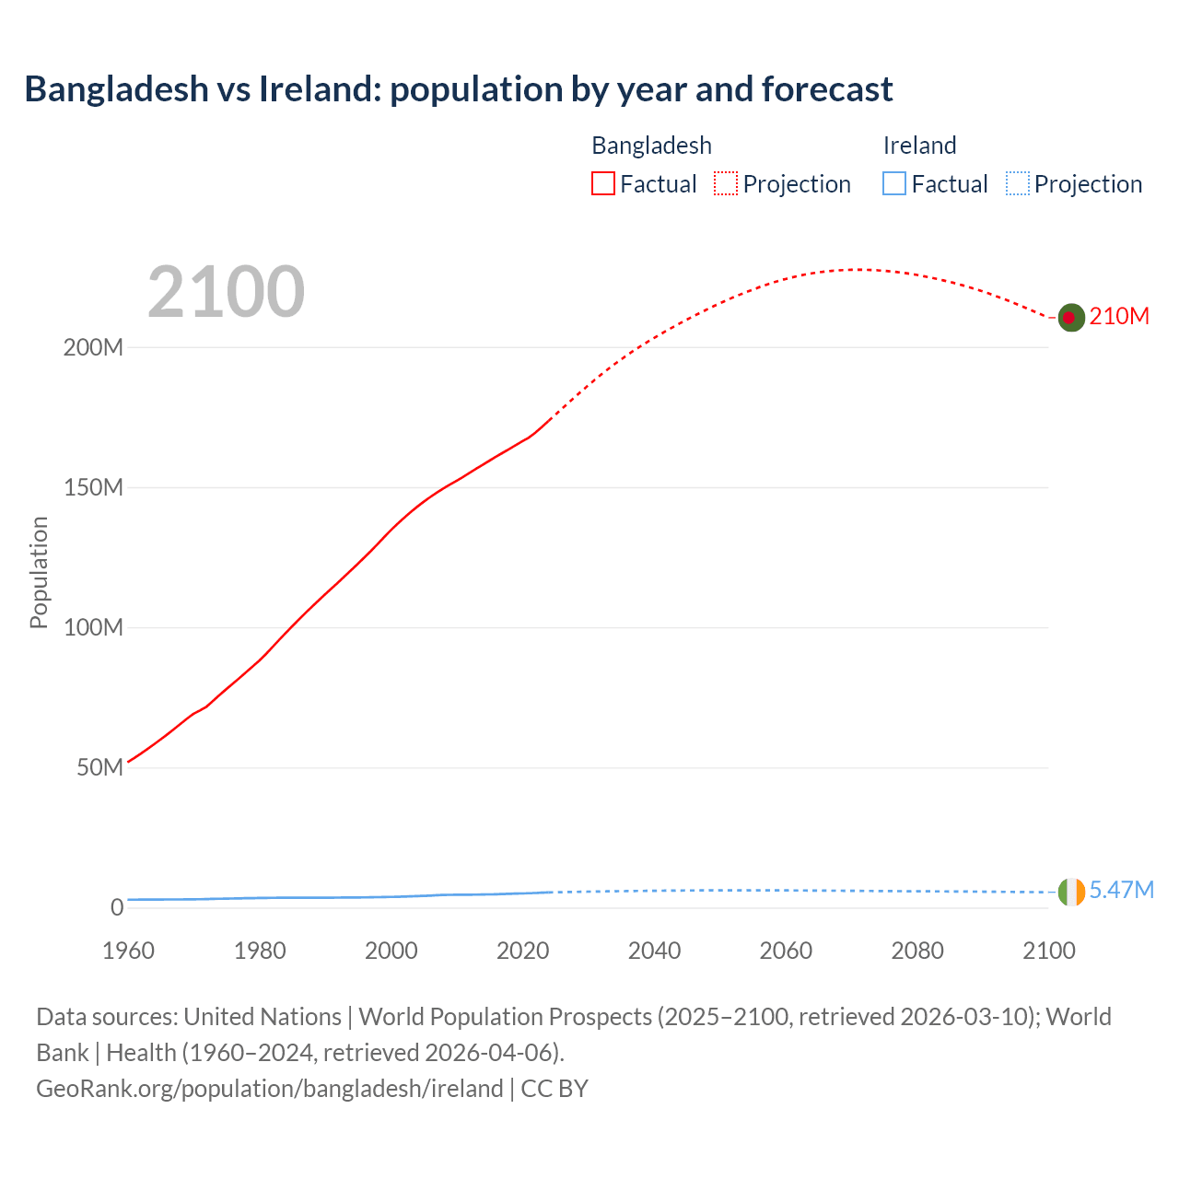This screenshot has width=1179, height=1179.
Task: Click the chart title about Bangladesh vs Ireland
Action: pos(458,89)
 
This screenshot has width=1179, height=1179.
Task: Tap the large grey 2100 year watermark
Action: pos(226,292)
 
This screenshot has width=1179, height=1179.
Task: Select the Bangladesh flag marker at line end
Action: pos(1069,317)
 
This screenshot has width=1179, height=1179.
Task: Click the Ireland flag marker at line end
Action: pos(1071,892)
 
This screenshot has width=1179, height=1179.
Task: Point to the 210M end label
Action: pos(1119,317)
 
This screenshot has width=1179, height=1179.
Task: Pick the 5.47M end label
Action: pos(1121,890)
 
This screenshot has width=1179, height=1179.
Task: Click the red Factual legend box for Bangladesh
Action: pos(602,184)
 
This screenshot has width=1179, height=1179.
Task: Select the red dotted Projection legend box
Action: pos(726,184)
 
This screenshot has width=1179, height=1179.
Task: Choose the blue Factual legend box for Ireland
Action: pos(893,184)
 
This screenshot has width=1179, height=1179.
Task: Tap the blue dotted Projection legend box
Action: pos(1018,184)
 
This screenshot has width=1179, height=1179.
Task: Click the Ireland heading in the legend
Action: pos(919,146)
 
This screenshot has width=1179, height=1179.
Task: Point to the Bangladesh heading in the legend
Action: pos(651,146)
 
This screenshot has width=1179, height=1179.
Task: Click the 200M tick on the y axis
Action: pos(93,348)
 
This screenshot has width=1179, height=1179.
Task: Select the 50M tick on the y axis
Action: pos(99,768)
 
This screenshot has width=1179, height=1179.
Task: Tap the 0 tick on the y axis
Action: pos(117,908)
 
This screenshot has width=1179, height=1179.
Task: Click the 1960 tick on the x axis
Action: pos(128,951)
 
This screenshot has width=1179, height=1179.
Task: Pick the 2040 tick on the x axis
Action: pos(654,951)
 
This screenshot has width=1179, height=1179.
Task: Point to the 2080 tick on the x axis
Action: pos(917,951)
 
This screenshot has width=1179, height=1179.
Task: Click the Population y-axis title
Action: pos(39,572)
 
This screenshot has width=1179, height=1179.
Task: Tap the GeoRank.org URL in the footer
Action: pos(269,1089)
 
